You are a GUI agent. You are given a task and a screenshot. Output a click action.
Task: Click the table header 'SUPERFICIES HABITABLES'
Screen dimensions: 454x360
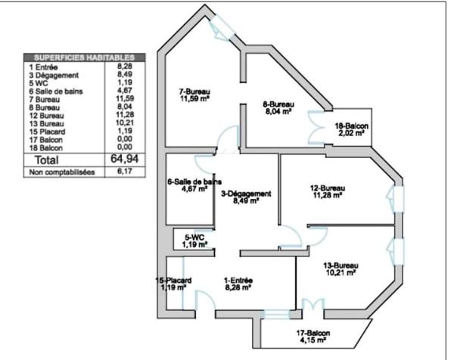(x=84, y=57)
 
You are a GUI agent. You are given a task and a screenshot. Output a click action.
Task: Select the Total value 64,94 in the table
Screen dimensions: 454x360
(x=125, y=159)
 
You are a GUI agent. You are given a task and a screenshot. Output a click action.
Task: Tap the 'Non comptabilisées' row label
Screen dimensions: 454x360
(x=62, y=172)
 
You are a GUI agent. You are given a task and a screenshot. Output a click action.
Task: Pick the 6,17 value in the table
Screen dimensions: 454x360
(x=125, y=172)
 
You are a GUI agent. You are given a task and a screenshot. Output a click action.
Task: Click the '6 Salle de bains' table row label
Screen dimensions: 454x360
(x=56, y=92)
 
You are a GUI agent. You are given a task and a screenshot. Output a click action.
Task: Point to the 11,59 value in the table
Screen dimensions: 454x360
(x=125, y=98)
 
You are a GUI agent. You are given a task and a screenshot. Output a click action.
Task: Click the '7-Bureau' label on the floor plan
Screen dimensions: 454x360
(x=194, y=92)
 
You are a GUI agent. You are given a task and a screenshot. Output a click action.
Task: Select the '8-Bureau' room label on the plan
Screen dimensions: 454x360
(x=278, y=104)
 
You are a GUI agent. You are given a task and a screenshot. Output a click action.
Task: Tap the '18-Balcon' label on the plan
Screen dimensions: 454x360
(x=352, y=126)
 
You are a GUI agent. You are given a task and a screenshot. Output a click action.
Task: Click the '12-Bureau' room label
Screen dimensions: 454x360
(x=328, y=188)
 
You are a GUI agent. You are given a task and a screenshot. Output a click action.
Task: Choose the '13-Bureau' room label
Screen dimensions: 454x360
(x=340, y=265)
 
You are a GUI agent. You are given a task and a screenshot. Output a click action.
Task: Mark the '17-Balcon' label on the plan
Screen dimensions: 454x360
(x=313, y=333)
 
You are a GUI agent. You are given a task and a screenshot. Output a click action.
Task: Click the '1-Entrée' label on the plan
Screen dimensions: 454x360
(x=238, y=280)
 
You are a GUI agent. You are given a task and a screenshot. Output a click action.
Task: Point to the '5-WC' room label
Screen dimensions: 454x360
(x=194, y=237)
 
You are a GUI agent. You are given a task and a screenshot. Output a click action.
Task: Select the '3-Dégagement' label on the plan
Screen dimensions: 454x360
(x=246, y=194)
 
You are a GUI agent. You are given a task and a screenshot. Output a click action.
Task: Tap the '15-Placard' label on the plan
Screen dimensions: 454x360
(x=173, y=280)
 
